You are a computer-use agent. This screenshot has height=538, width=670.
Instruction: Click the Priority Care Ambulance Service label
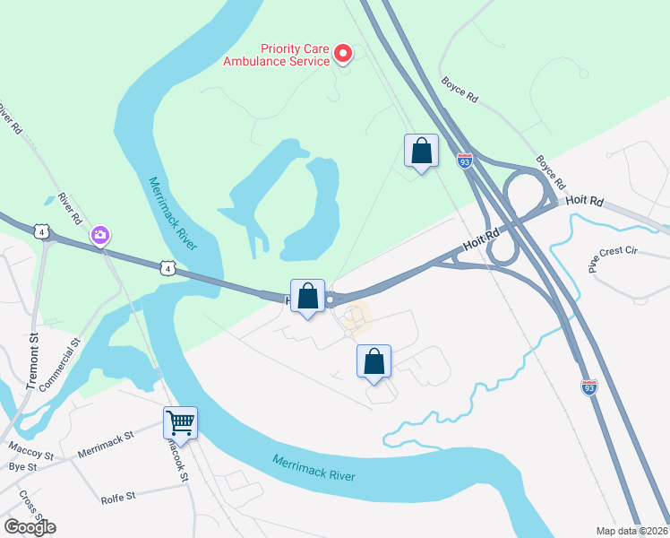tap(282, 56)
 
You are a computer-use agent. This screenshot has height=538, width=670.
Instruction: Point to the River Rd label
tap(70, 208)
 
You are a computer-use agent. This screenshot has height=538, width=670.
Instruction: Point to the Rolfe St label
tap(117, 496)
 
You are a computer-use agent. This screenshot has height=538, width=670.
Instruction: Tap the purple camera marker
tap(99, 236)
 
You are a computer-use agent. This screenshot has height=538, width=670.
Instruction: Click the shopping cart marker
tap(180, 422)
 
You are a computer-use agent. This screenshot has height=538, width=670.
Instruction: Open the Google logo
tap(30, 526)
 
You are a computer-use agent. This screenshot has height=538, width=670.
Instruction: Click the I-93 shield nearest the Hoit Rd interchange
tap(464, 161)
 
